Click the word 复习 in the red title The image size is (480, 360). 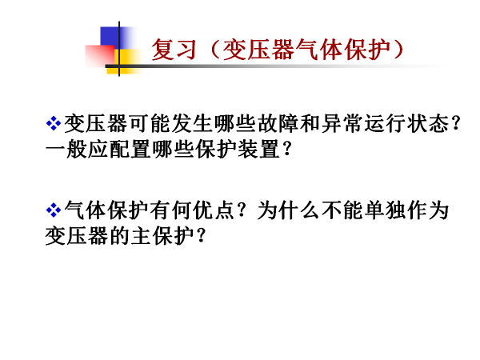tap(174, 50)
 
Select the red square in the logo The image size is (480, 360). tap(100, 55)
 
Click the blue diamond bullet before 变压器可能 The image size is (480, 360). tap(54, 123)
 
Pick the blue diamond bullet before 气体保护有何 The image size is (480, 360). tap(54, 210)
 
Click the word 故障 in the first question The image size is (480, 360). tap(278, 123)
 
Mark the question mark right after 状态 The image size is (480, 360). tap(456, 123)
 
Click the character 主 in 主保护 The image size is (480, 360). tap(141, 236)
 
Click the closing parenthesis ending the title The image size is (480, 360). tap(398, 50)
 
